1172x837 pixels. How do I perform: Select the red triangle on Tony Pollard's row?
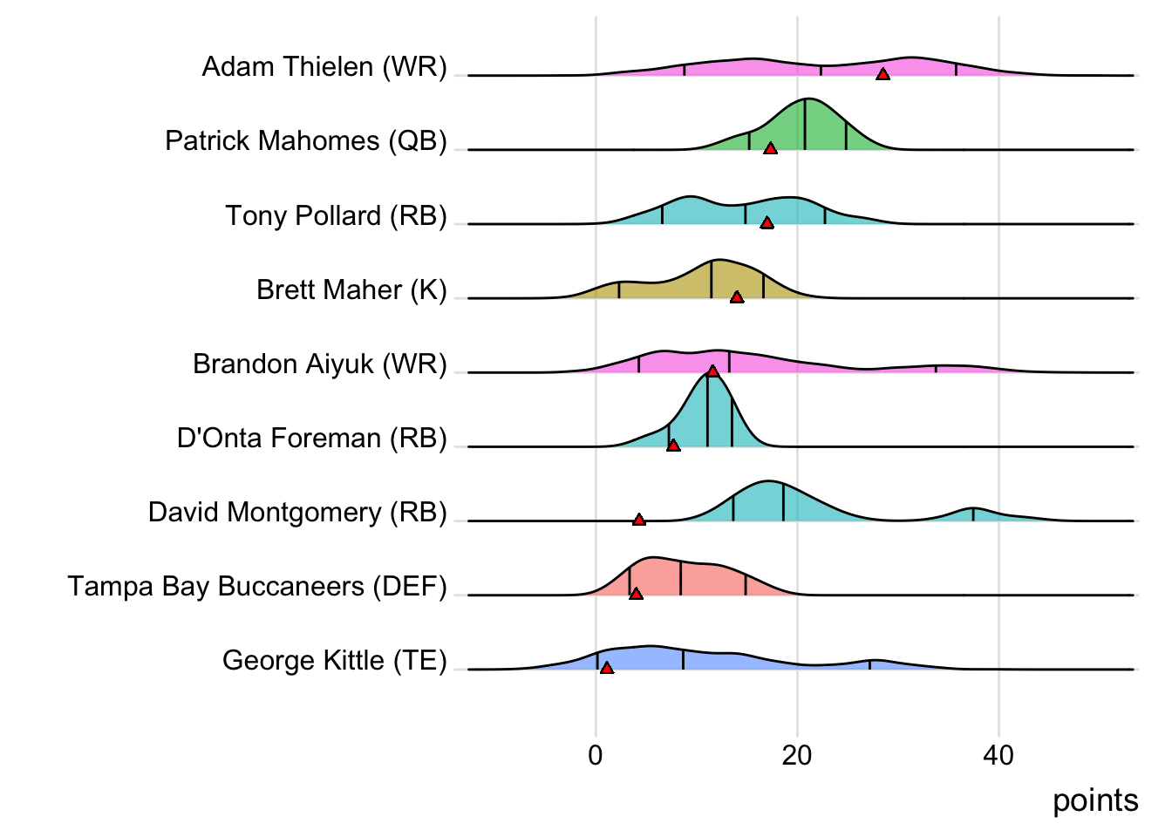(767, 223)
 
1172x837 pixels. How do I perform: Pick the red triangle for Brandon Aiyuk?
(712, 371)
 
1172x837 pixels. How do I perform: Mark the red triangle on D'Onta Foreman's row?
(673, 446)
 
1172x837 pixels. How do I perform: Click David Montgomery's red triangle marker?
(639, 520)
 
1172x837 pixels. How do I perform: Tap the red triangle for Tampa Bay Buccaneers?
(636, 594)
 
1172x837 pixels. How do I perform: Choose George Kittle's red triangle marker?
(607, 668)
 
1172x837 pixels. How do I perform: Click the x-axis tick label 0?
(596, 755)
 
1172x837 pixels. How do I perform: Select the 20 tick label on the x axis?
(797, 755)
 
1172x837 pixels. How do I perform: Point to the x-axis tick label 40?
(998, 755)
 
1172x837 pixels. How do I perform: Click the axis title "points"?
(1095, 800)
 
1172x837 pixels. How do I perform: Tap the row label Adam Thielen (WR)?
(324, 67)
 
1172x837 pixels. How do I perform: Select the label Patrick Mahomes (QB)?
(306, 141)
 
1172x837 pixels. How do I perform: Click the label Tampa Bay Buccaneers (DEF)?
(257, 587)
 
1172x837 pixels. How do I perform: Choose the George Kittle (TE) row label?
(334, 661)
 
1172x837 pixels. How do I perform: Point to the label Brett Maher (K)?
(351, 289)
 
